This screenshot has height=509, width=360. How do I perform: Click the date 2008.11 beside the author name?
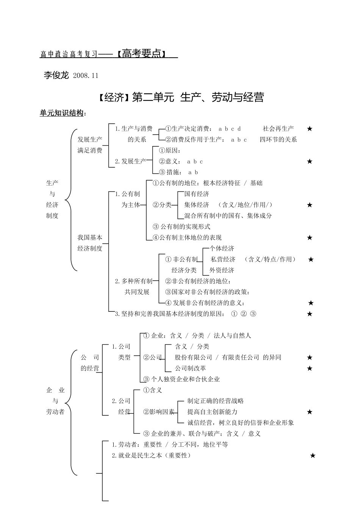click(x=86, y=75)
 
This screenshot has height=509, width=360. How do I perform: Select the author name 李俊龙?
click(x=56, y=75)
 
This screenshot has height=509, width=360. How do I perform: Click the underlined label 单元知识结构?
click(x=61, y=113)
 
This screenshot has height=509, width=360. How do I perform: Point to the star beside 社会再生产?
click(x=310, y=129)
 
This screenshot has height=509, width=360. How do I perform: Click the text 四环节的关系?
click(x=278, y=140)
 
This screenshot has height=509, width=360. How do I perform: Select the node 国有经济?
click(x=197, y=194)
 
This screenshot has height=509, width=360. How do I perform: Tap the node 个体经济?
click(x=222, y=249)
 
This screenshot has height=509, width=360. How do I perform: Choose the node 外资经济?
click(x=222, y=270)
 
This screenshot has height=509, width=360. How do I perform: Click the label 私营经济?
click(x=223, y=259)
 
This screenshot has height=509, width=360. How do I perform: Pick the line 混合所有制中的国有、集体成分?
click(x=228, y=216)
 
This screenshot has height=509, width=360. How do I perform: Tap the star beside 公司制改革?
click(x=310, y=368)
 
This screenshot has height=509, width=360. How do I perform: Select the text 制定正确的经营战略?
click(x=216, y=401)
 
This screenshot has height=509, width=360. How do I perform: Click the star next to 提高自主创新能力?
click(x=310, y=412)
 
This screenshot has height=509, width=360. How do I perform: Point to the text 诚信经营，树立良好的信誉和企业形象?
click(x=241, y=423)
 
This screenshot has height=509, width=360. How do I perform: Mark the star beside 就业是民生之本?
click(x=313, y=456)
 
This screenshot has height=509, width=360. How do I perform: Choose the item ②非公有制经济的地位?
click(x=198, y=281)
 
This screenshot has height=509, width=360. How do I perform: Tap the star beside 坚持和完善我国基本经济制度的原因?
click(x=310, y=314)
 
